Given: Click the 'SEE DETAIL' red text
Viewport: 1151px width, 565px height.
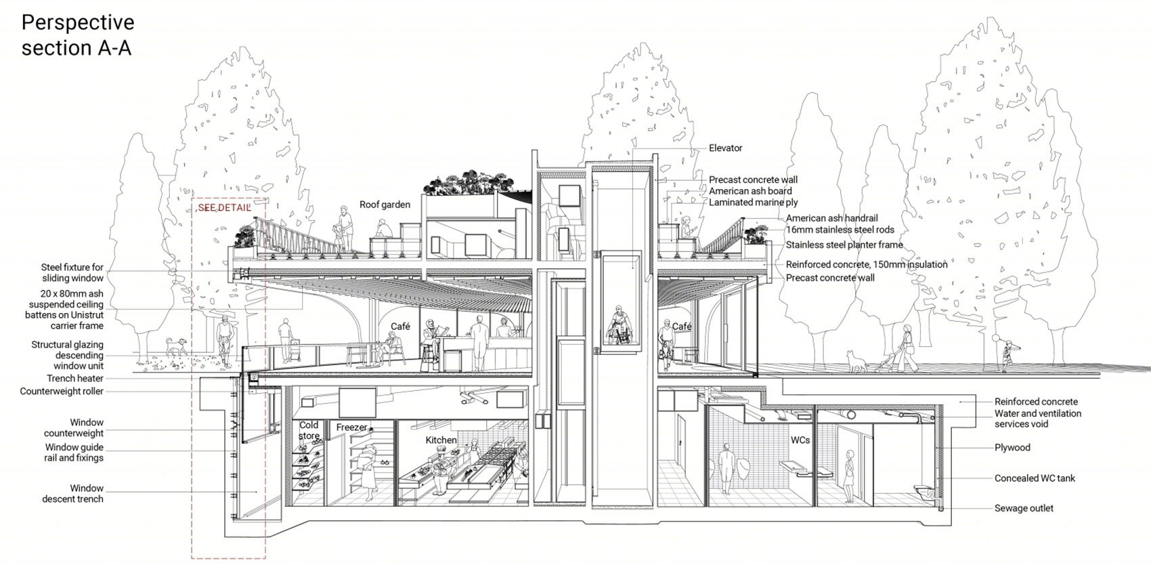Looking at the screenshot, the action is tap(224, 208).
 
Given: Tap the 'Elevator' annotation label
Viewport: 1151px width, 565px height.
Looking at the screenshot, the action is tap(726, 148).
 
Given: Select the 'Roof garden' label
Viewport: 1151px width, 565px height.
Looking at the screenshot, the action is tap(385, 205).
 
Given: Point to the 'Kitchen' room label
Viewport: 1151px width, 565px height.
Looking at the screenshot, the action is tap(441, 440).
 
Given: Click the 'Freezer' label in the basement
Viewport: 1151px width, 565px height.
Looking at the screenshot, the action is tap(351, 427).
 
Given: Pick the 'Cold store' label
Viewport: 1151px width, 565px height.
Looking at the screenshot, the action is tap(309, 430).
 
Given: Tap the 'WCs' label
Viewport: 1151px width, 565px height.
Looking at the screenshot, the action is tap(800, 440).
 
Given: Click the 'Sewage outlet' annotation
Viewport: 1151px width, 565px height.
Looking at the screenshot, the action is tap(1024, 509).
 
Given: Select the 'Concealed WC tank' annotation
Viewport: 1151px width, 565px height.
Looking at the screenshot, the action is tap(1035, 478).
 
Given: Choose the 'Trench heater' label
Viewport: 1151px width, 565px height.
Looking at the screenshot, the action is tap(75, 379).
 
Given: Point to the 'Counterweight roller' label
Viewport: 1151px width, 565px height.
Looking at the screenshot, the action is tap(62, 392).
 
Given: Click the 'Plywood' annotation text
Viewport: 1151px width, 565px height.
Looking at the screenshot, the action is tap(1012, 448).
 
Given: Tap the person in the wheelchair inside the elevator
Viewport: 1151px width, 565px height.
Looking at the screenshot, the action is tap(620, 325).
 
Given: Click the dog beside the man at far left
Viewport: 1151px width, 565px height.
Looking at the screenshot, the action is tap(176, 346).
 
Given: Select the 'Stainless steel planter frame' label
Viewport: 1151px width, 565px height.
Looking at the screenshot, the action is tap(844, 245).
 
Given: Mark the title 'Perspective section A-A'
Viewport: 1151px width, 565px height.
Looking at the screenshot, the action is tap(78, 35).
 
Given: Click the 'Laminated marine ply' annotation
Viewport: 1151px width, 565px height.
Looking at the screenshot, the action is tap(754, 203).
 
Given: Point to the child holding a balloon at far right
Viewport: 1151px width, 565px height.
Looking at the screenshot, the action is tap(1005, 355).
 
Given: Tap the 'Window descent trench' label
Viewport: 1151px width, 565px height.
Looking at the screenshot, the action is tap(72, 494).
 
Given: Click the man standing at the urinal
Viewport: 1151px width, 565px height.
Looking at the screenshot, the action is tap(726, 469).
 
